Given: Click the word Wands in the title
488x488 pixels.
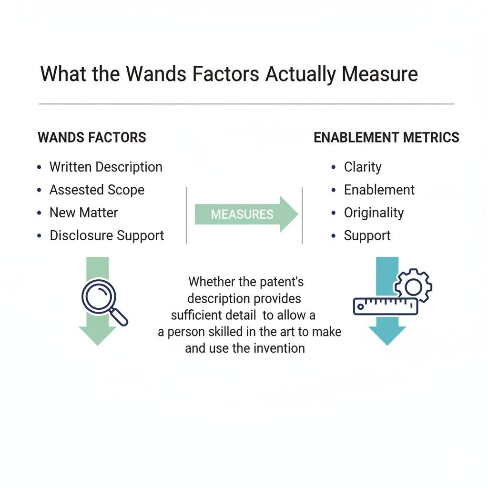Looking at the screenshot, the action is (156, 74).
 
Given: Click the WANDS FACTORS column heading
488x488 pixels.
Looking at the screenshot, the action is (92, 137).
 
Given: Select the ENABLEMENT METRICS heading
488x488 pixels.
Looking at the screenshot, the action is (386, 137).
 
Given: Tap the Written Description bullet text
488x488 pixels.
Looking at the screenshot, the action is (106, 167).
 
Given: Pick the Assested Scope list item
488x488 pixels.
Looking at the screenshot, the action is (97, 190).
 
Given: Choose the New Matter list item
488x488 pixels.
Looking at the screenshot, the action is (83, 213).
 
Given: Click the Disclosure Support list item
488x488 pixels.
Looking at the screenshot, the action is (107, 235).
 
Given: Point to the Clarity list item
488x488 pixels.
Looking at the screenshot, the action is (363, 167).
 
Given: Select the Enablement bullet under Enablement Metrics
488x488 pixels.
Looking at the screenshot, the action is (379, 190).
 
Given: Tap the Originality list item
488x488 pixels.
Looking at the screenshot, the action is (374, 213).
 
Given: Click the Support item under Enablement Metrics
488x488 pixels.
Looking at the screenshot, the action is (367, 236).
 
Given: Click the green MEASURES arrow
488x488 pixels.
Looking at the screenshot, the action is (246, 214).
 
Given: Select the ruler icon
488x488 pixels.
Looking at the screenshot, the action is (385, 306).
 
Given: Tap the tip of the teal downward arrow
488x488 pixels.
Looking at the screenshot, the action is (387, 346).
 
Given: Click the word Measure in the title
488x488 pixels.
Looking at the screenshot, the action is (380, 74).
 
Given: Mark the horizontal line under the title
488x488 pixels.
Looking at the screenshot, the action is (246, 104).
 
